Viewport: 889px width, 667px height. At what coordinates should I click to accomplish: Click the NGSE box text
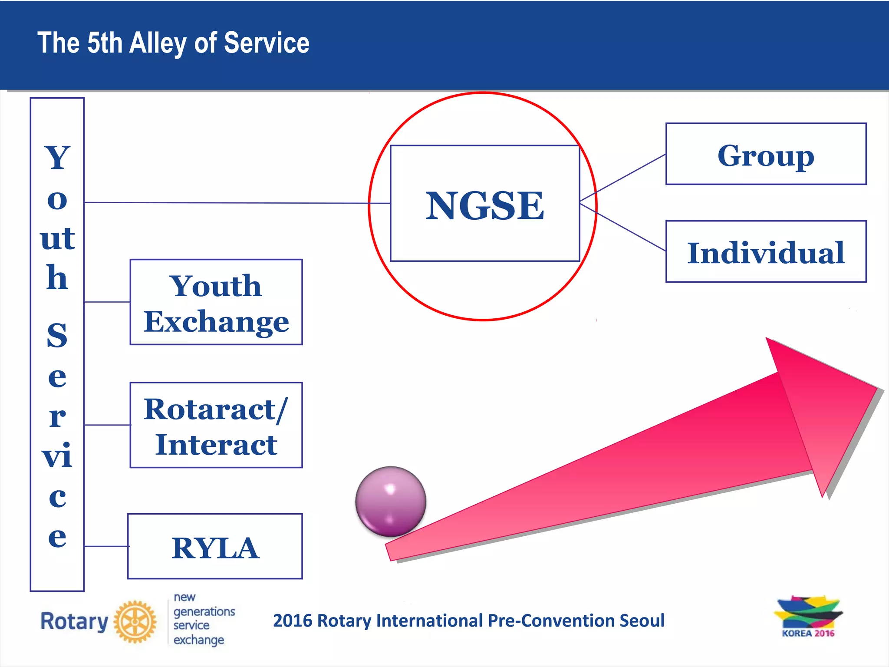(x=484, y=206)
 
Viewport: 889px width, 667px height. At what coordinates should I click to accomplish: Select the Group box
(x=766, y=155)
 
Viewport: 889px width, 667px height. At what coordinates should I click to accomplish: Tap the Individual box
(x=766, y=252)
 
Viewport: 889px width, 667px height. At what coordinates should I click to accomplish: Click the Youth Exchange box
(x=216, y=303)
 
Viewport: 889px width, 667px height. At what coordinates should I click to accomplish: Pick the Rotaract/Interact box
(x=216, y=426)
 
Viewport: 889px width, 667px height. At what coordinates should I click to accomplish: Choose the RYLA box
(x=215, y=547)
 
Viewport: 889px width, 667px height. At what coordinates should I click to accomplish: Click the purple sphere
(x=390, y=501)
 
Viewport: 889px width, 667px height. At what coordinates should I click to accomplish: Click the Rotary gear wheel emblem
(x=135, y=622)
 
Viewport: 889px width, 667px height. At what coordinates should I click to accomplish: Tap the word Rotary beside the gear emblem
(x=74, y=621)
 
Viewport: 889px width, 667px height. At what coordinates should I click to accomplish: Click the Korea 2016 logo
(x=808, y=617)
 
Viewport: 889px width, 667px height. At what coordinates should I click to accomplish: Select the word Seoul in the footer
(x=642, y=621)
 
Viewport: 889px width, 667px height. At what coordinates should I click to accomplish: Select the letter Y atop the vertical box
(x=57, y=157)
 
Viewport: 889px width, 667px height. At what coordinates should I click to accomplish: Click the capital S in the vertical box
(x=57, y=336)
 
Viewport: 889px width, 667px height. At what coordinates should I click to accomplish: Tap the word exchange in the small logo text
(x=199, y=640)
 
